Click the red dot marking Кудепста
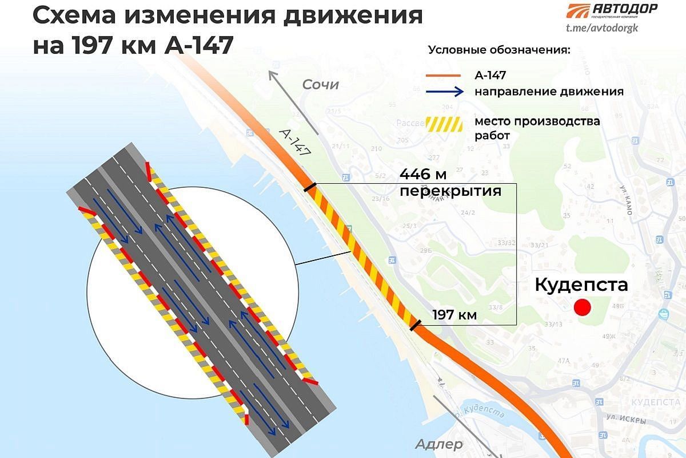coord(582,307)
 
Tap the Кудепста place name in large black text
coord(581,285)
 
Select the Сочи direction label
coord(321,85)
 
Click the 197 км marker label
coord(454,314)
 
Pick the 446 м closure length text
coord(422,173)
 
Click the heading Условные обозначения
coord(500,50)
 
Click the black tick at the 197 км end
coord(416,326)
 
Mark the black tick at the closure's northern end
coord(309,187)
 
